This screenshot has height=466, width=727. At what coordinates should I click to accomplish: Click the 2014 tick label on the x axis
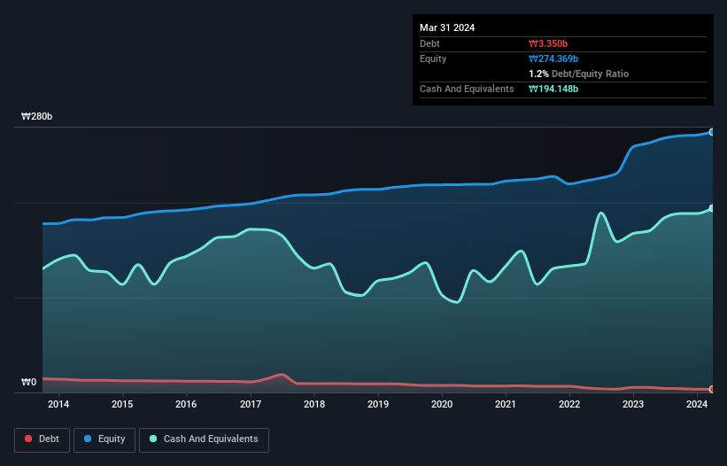[58, 405]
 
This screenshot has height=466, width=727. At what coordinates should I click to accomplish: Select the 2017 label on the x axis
[250, 405]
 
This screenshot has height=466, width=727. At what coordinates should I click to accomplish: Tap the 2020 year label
[442, 405]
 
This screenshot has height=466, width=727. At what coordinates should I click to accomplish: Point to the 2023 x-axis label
[633, 405]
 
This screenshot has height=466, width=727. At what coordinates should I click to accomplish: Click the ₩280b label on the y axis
[37, 117]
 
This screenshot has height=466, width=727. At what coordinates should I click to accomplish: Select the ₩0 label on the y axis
[29, 383]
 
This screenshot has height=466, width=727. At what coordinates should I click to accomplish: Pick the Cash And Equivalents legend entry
[204, 439]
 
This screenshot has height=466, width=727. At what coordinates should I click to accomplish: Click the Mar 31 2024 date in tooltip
[447, 27]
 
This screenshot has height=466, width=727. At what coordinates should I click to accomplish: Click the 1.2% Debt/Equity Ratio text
[578, 74]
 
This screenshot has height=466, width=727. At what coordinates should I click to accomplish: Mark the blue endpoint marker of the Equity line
[712, 132]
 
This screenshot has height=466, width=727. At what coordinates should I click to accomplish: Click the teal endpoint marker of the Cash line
[712, 208]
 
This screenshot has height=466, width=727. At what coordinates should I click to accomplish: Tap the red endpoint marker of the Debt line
[712, 389]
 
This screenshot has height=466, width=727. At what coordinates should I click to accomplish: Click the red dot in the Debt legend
[28, 439]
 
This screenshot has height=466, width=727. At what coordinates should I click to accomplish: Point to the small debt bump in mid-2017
[281, 375]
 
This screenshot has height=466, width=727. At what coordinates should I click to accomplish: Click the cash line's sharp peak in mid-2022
[601, 213]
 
